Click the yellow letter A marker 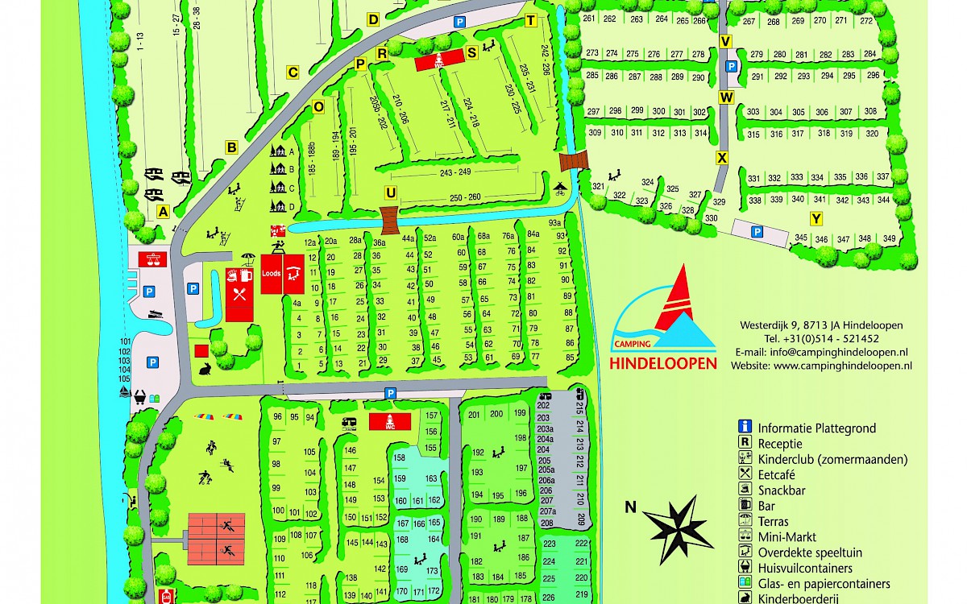(x=163, y=212)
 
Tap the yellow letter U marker (x=390, y=192)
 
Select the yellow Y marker (x=816, y=218)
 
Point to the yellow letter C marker (x=293, y=73)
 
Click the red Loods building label (x=271, y=273)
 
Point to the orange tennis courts (x=217, y=537)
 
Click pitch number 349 (x=889, y=238)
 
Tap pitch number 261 (x=588, y=19)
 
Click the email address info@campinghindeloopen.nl (x=821, y=352)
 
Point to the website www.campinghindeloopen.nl (x=821, y=365)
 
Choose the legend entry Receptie (x=779, y=444)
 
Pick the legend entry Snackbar (x=781, y=490)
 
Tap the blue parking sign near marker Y (x=757, y=232)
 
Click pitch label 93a (x=555, y=223)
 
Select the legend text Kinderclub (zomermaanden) (x=832, y=460)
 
